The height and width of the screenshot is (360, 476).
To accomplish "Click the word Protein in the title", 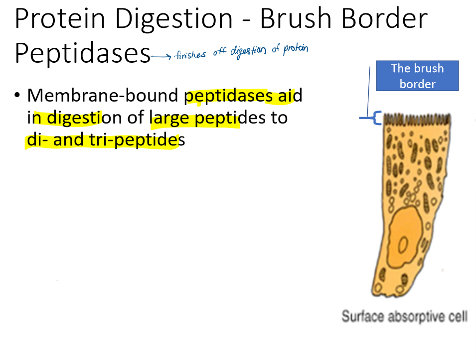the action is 60,19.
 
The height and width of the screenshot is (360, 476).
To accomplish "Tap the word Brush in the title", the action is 296,18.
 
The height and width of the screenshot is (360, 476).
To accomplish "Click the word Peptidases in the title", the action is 83,53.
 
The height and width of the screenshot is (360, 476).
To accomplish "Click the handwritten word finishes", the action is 190,55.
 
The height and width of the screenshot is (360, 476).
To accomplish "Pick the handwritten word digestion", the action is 248,51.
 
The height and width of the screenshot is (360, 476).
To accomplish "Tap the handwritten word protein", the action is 296,49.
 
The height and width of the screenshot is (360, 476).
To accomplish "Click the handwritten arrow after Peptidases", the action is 161,56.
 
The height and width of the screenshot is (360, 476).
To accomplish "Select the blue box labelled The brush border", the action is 417,76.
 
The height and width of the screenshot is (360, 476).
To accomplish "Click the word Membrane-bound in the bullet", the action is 103,95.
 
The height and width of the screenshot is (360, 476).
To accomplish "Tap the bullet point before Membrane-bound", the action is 17,95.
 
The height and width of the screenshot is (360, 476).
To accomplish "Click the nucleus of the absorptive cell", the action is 404,238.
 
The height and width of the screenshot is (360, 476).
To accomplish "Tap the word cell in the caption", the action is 458,316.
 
